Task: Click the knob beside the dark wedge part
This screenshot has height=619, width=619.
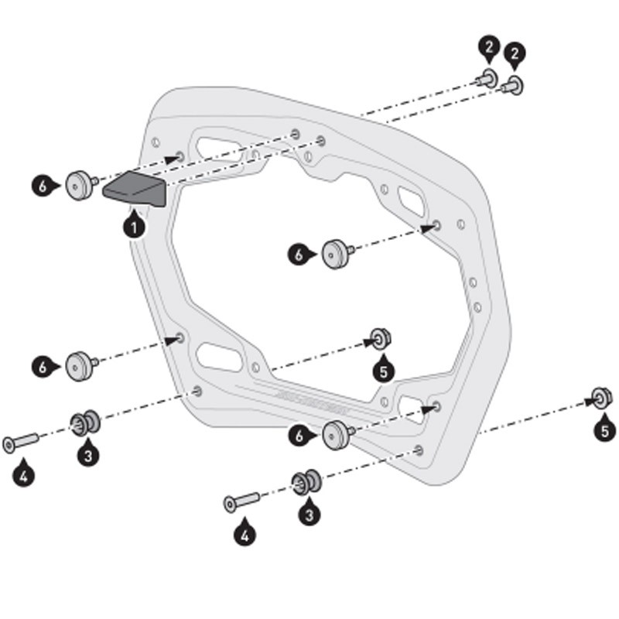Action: coord(78,183)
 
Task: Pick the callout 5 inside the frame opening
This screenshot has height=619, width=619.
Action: coord(382,371)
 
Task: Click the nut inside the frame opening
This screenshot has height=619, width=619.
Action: coord(379,338)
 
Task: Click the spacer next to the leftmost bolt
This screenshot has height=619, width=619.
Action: coord(83,422)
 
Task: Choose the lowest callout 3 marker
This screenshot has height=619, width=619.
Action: coord(309,513)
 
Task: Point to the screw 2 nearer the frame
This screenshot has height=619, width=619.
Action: coord(487,77)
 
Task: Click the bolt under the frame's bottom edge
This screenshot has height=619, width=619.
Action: coord(241,502)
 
